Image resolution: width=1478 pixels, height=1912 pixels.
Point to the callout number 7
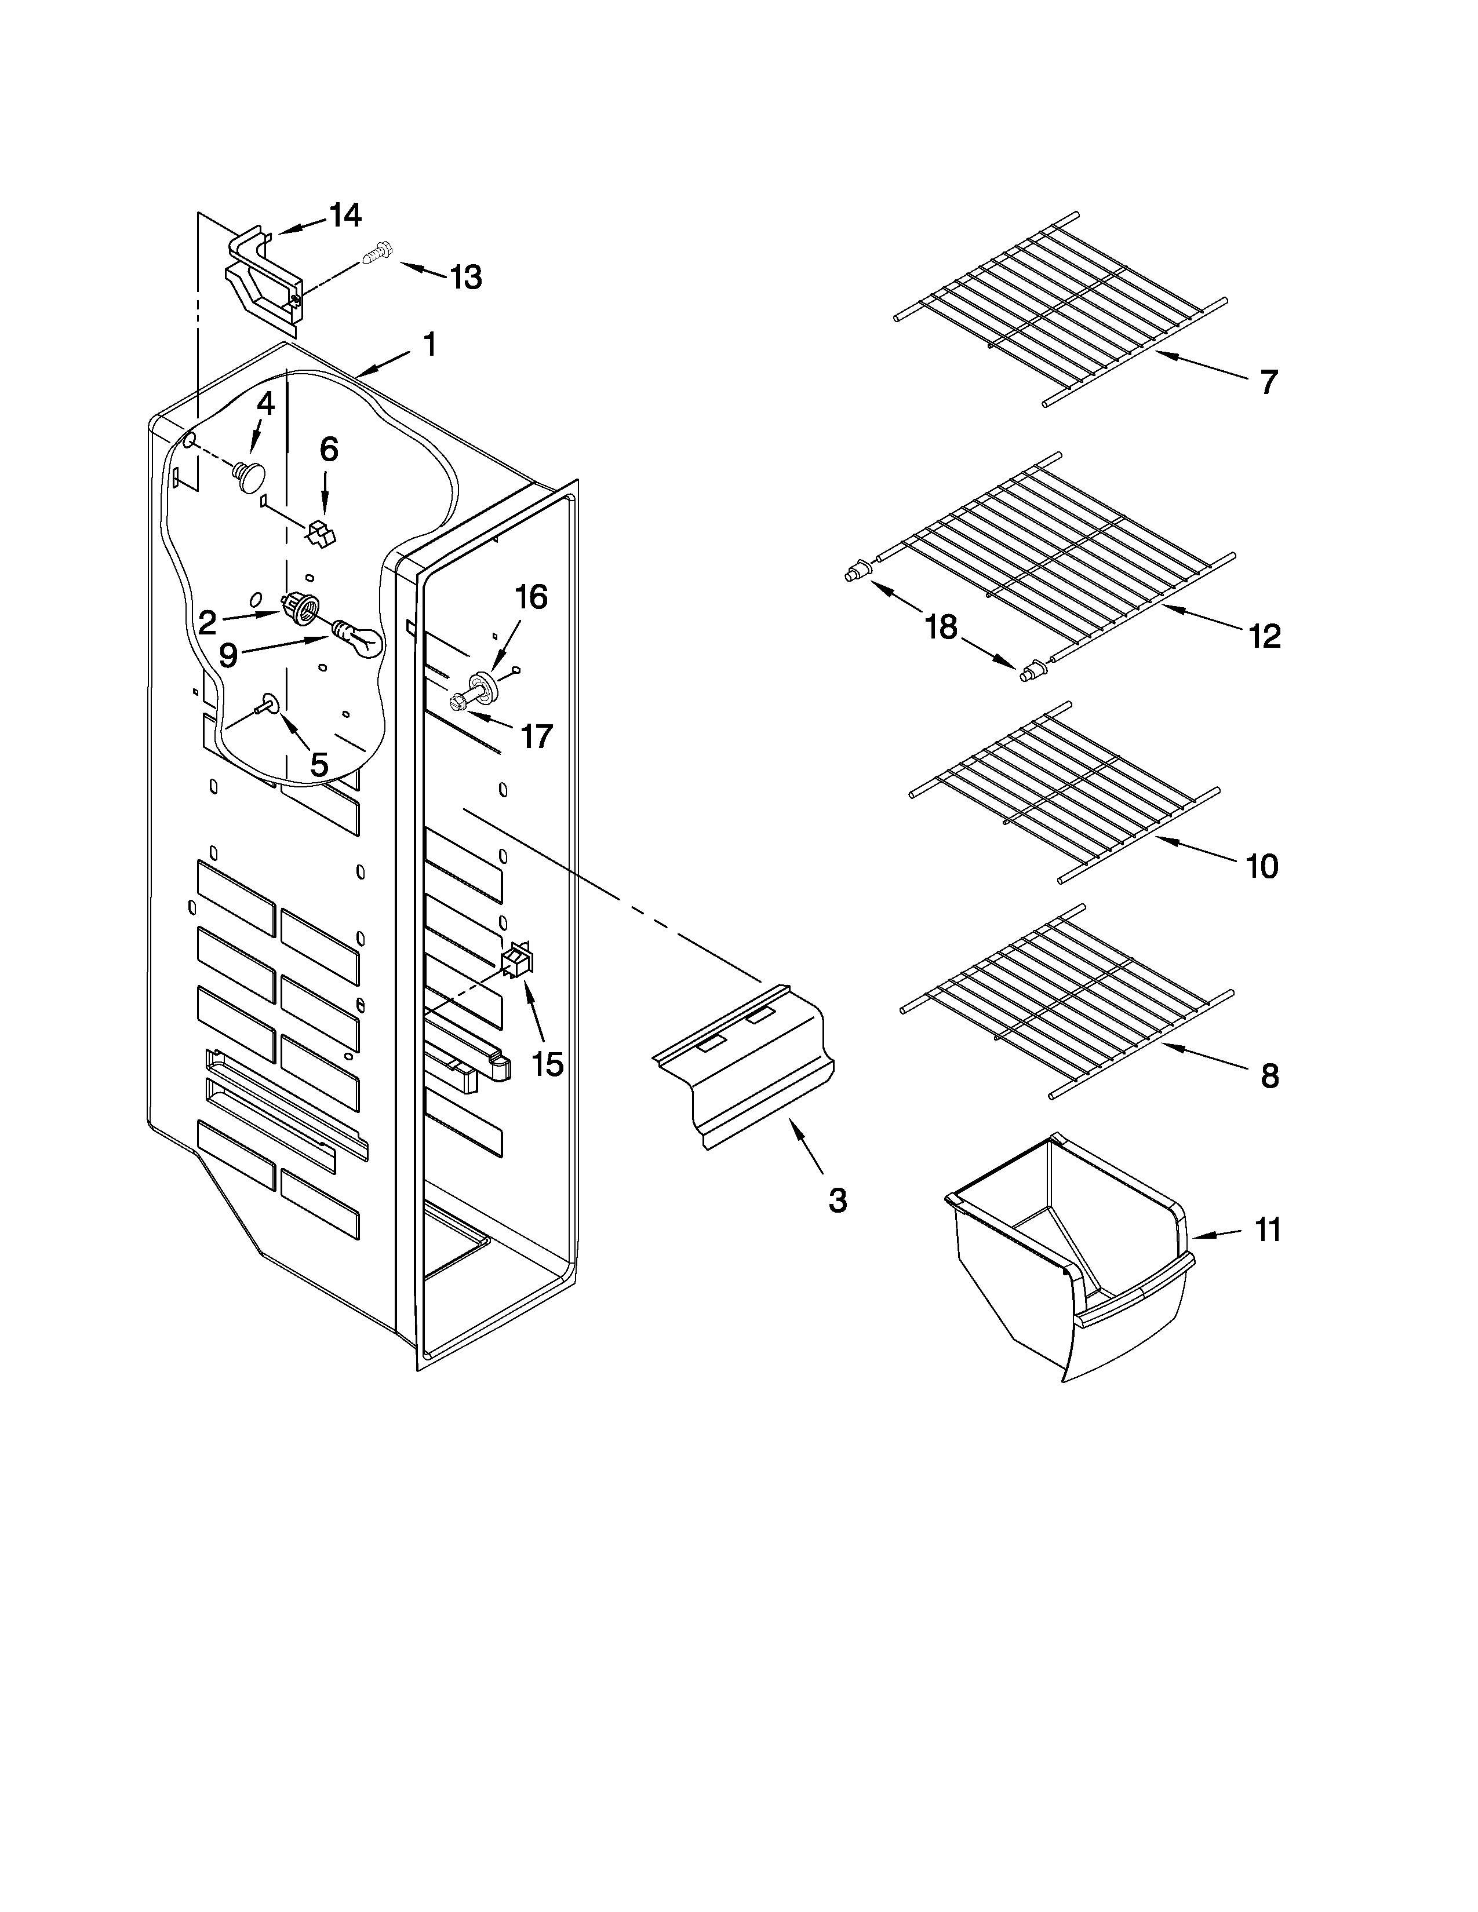pyautogui.click(x=1269, y=382)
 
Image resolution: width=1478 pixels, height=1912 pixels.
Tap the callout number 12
pyautogui.click(x=1264, y=636)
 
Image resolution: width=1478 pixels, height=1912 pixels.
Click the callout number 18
pyautogui.click(x=942, y=627)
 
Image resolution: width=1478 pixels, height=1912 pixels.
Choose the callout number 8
pyautogui.click(x=1269, y=1076)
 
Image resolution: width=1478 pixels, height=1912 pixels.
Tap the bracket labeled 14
pyautogui.click(x=263, y=278)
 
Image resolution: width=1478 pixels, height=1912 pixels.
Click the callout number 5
pyautogui.click(x=319, y=764)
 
